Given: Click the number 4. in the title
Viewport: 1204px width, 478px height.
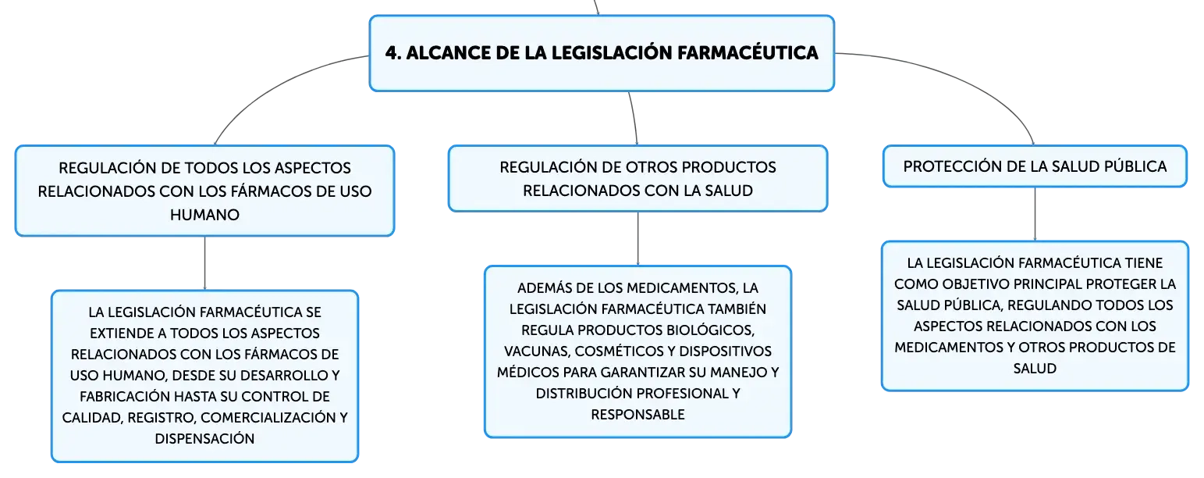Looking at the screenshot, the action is (393, 53).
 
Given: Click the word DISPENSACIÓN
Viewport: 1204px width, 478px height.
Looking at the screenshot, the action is (204, 439).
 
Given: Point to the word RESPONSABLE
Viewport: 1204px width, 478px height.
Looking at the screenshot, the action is (638, 415).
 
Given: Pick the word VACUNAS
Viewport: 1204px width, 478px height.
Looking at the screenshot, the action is (536, 351).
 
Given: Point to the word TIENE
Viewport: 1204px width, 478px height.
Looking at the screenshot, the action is (1144, 262).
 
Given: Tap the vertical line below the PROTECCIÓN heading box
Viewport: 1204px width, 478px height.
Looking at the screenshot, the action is (1035, 214).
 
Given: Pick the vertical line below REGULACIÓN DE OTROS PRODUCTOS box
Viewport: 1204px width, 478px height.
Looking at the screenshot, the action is (638, 238).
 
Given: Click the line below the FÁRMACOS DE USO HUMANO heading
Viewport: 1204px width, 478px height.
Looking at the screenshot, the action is (204, 263).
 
